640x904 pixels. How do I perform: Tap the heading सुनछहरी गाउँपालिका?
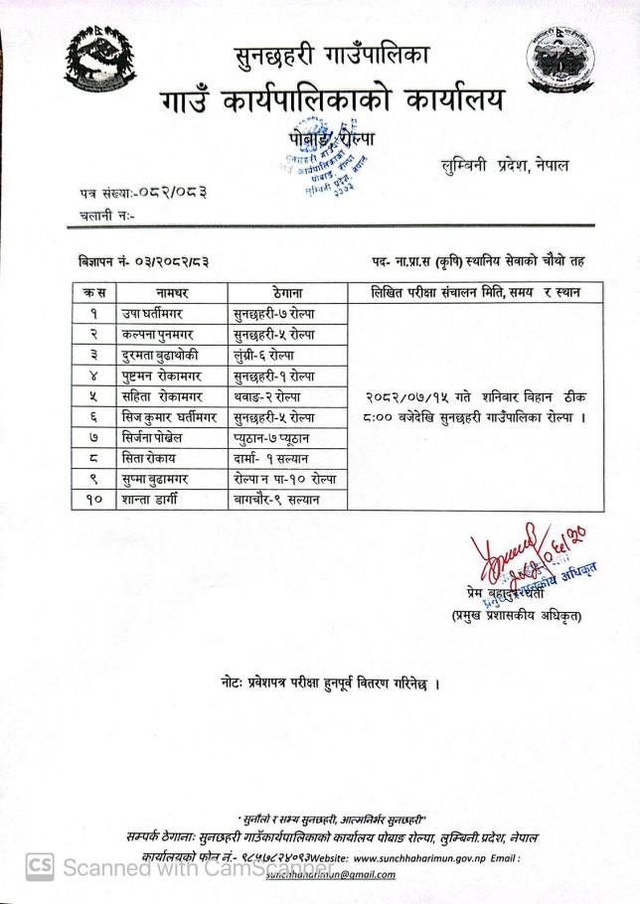click(331, 57)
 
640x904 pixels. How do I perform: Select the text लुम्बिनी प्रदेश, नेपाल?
click(506, 165)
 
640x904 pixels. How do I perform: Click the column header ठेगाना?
click(287, 293)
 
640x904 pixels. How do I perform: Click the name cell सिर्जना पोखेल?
click(162, 438)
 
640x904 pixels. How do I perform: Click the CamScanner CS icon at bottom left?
click(39, 866)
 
